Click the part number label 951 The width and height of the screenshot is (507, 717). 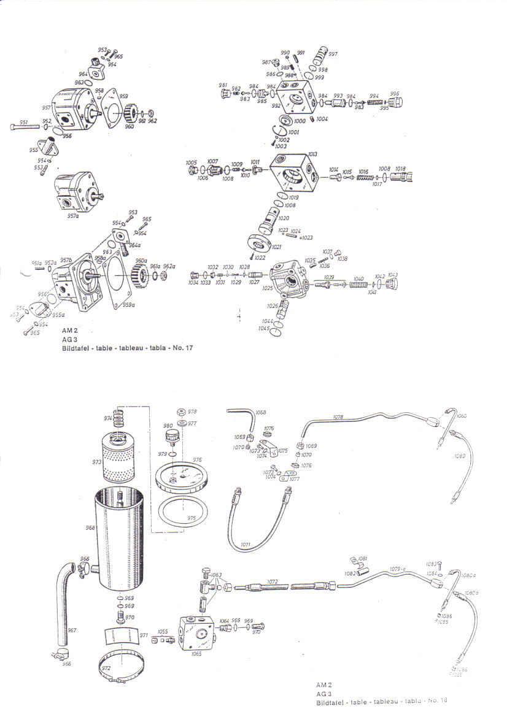(24, 122)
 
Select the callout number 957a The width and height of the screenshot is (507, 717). (73, 216)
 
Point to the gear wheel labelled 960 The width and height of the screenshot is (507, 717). (130, 115)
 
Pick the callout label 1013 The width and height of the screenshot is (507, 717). (312, 154)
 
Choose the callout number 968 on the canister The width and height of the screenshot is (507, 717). (90, 528)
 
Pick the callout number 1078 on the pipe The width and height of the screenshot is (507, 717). (338, 417)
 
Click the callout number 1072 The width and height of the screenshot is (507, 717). (273, 581)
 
